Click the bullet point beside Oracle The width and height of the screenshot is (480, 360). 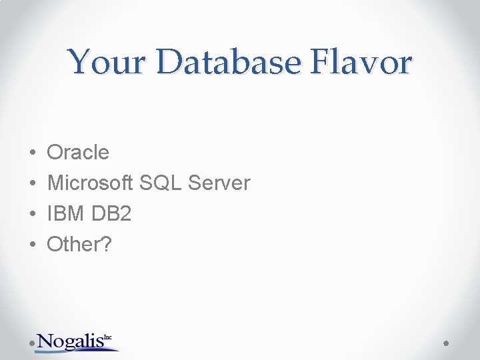pyautogui.click(x=32, y=153)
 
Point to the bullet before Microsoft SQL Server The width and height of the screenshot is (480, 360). pyautogui.click(x=32, y=183)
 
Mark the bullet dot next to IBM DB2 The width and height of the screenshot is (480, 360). pyautogui.click(x=32, y=214)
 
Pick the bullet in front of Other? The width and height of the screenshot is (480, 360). pyautogui.click(x=32, y=245)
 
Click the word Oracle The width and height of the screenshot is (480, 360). pyautogui.click(x=78, y=153)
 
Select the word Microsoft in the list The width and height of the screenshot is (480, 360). pyautogui.click(x=91, y=183)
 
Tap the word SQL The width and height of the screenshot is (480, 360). pyautogui.click(x=162, y=183)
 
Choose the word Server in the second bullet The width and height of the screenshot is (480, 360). pyautogui.click(x=220, y=183)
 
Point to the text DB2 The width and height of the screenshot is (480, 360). pyautogui.click(x=112, y=214)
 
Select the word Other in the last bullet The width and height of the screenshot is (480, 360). pyautogui.click(x=72, y=245)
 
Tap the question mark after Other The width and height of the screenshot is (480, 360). pyautogui.click(x=107, y=245)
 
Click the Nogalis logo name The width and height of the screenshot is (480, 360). pyautogui.click(x=70, y=341)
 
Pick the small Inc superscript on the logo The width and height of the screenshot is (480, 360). pyautogui.click(x=108, y=338)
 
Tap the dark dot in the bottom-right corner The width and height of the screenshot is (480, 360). pyautogui.click(x=447, y=343)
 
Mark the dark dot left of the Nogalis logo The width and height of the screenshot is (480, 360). pyautogui.click(x=33, y=343)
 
